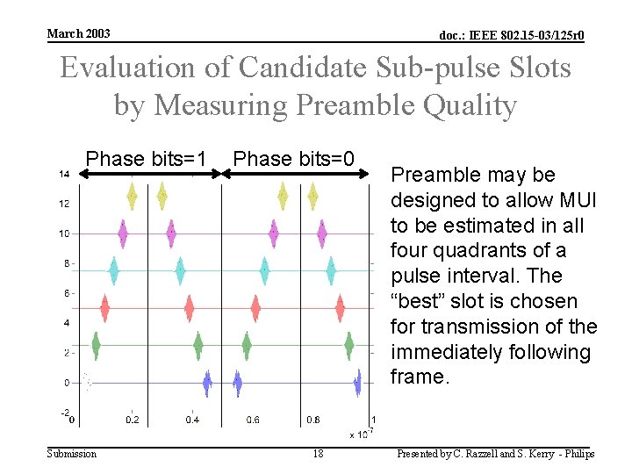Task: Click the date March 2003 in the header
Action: tap(78, 33)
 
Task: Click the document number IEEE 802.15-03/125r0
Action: tap(512, 35)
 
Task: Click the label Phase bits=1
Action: tap(146, 159)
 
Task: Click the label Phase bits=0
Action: tap(294, 159)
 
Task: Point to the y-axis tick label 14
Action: tap(65, 174)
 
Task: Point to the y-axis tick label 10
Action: tap(65, 233)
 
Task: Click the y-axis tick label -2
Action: tap(64, 413)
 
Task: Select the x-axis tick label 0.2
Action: tap(132, 420)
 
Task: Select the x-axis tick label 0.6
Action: tap(253, 420)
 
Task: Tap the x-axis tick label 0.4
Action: tap(192, 420)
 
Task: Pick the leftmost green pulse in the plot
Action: tap(97, 345)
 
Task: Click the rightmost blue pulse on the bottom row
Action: tap(357, 383)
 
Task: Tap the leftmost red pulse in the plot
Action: tap(105, 308)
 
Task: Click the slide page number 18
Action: tap(319, 454)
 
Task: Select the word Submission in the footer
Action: tap(72, 454)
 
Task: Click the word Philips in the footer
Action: tap(576, 454)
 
